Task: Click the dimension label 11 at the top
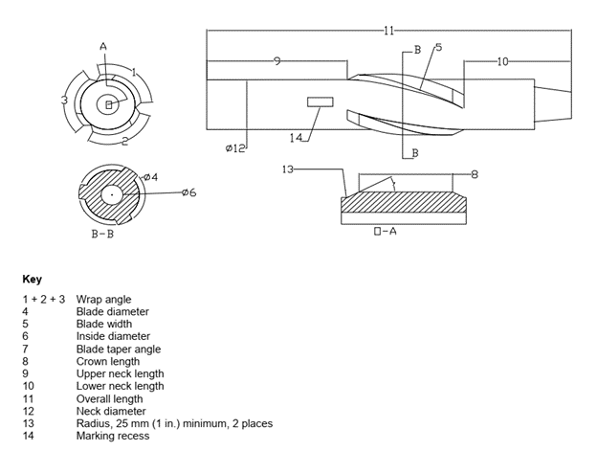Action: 388,31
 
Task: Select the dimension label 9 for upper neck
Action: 276,61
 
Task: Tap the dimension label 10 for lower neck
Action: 503,61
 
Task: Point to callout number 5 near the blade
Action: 438,47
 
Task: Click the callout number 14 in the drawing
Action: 296,137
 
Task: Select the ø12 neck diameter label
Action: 235,149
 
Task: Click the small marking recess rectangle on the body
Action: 319,101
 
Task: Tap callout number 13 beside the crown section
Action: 287,169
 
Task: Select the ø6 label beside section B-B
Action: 188,193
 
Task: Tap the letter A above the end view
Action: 102,45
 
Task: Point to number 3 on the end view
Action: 63,100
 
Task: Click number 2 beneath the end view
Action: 124,141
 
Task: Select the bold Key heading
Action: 32,280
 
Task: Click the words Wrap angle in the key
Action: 103,299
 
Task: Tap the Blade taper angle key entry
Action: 118,349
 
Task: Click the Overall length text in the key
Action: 110,398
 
